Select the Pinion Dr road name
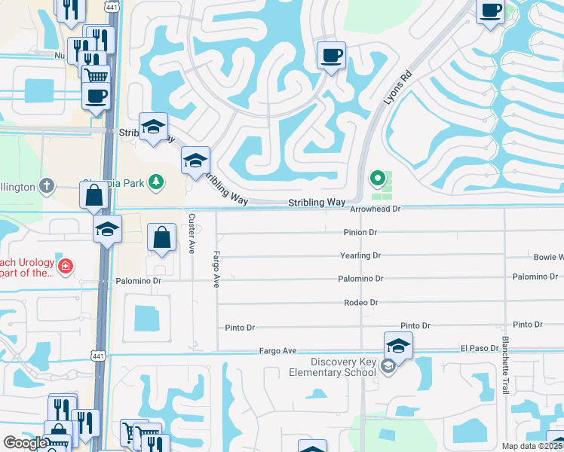(x=360, y=233)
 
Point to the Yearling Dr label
(x=360, y=256)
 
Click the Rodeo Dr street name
(x=360, y=303)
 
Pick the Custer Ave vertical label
(x=192, y=233)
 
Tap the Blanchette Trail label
(x=505, y=365)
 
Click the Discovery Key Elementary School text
(x=333, y=367)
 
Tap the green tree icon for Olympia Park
(x=156, y=181)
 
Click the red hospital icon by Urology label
(x=66, y=266)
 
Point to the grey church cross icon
(x=46, y=185)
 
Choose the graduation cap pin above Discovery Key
(x=398, y=346)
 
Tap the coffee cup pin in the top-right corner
(x=490, y=11)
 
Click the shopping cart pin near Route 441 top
(x=96, y=76)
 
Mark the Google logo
(x=25, y=443)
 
